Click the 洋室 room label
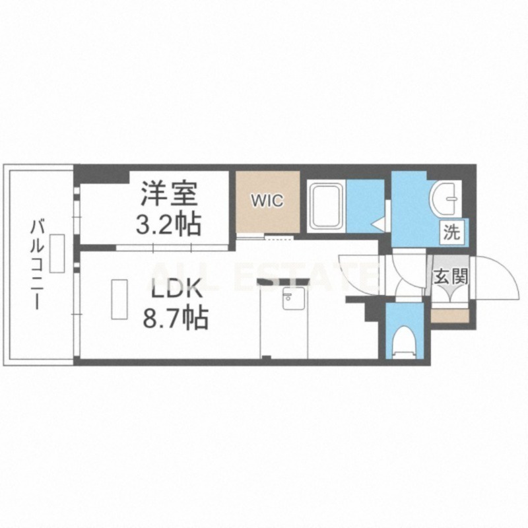pos(169,193)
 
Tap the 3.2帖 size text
pos(168,224)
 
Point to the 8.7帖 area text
pos(176,318)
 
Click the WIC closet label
pos(268,201)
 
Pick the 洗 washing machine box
pos(451,232)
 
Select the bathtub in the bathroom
pos(326,207)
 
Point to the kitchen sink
pos(293,298)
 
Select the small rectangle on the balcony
pos(57,253)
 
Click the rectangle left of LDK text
pos(119,300)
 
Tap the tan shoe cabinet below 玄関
pos(450,316)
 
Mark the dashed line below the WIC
pos(279,238)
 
